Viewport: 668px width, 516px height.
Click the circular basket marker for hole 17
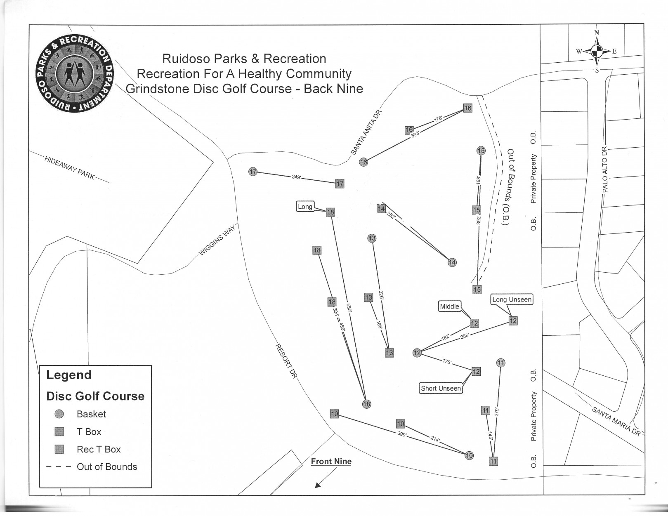[253, 172]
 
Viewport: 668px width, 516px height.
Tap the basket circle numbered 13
[372, 238]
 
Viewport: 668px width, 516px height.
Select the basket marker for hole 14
[452, 262]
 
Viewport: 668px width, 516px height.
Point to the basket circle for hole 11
[501, 363]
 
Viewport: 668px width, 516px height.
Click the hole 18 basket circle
[366, 404]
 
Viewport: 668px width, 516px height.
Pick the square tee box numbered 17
[340, 184]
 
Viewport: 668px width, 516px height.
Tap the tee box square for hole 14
[381, 209]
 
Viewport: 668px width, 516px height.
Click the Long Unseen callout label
[512, 299]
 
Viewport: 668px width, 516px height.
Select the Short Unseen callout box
[441, 389]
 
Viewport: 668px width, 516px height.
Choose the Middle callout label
[449, 306]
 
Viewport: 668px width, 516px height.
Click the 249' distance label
[296, 177]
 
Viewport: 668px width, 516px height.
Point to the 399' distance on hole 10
[402, 434]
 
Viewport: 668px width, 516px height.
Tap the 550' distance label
[349, 308]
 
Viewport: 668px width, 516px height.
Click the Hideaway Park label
[70, 168]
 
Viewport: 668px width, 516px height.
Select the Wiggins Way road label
[217, 240]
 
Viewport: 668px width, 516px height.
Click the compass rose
[597, 51]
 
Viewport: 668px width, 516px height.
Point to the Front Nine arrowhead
[318, 485]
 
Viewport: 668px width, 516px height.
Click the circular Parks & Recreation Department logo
[74, 73]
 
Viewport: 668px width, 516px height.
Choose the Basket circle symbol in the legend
[59, 414]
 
